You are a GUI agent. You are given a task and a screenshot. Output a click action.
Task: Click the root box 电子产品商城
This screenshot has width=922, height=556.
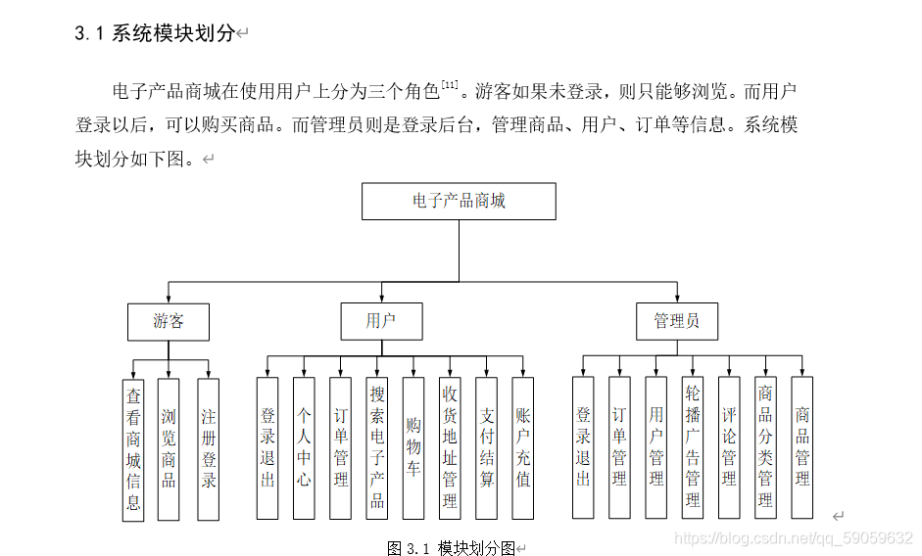click(x=459, y=202)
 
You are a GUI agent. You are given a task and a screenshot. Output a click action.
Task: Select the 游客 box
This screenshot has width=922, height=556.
click(x=169, y=321)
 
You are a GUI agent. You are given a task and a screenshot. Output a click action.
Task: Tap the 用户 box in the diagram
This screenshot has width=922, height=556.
click(x=381, y=321)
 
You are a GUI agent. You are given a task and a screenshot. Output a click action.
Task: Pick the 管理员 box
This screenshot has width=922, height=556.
click(x=676, y=321)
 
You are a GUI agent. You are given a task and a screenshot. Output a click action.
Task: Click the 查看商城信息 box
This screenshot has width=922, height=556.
click(x=133, y=449)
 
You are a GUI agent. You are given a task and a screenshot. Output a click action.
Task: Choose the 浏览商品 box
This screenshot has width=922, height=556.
click(x=170, y=449)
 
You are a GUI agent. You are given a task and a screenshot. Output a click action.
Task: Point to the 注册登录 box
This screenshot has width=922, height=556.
click(x=208, y=449)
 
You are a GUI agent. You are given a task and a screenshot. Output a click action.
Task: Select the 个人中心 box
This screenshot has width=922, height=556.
click(x=304, y=448)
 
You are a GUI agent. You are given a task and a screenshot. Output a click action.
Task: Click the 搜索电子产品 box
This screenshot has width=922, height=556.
click(x=377, y=448)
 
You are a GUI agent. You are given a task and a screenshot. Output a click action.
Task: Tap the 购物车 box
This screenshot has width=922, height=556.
click(x=413, y=448)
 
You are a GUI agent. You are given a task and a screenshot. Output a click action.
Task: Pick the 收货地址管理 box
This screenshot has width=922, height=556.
click(x=450, y=448)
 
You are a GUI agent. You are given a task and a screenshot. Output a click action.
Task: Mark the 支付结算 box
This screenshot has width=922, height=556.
click(x=487, y=448)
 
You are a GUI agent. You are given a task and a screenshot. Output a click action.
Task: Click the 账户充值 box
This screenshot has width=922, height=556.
click(x=523, y=448)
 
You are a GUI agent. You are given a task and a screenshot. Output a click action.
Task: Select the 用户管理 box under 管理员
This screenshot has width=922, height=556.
click(x=656, y=448)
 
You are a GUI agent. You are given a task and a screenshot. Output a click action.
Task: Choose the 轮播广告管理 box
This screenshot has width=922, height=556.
click(x=693, y=448)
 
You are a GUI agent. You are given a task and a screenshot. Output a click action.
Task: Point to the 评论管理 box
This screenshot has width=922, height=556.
click(x=729, y=448)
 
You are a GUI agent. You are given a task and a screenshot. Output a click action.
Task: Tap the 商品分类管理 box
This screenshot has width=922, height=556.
click(x=765, y=448)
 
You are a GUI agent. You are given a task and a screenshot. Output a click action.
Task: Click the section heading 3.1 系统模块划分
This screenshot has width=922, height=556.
click(x=155, y=33)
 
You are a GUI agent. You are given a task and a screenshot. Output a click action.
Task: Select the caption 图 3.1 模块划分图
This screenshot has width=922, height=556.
click(x=451, y=547)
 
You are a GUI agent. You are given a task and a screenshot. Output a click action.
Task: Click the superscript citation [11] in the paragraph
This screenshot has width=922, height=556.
click(x=450, y=86)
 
